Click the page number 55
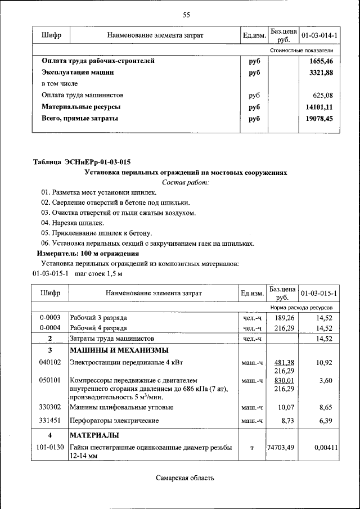pyautogui.click(x=186, y=15)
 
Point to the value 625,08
pyautogui.click(x=323, y=95)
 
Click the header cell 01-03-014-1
pyautogui.click(x=319, y=36)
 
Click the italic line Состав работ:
pyautogui.click(x=186, y=182)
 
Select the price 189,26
pyautogui.click(x=284, y=318)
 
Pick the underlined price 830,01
pyautogui.click(x=284, y=381)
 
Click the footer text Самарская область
pyautogui.click(x=185, y=478)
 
